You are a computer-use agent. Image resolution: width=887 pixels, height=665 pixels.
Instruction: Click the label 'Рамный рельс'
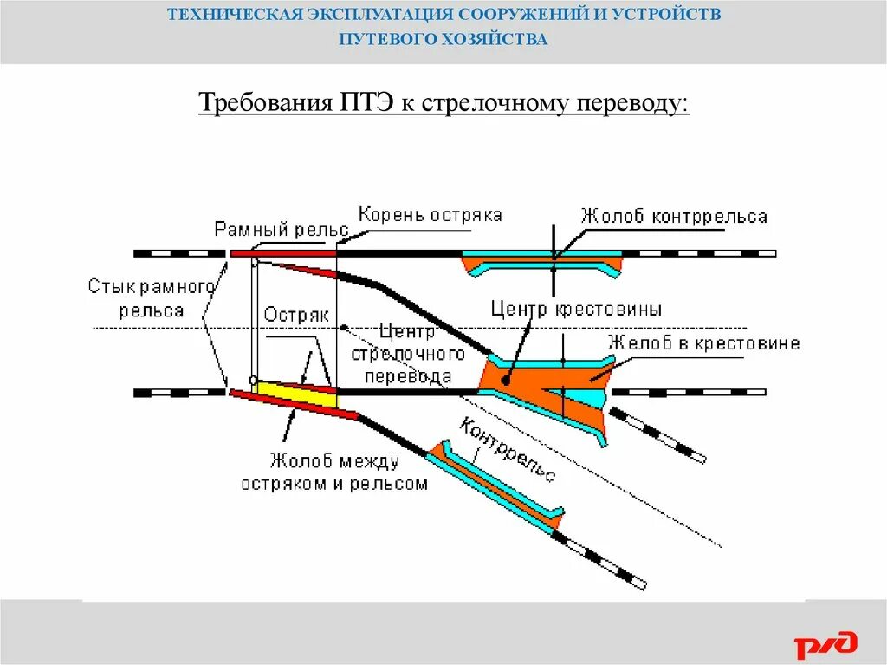[x=281, y=230]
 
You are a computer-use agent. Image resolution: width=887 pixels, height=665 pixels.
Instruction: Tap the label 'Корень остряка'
[x=431, y=214]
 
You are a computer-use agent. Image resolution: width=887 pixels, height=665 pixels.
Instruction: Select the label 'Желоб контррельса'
[x=674, y=216]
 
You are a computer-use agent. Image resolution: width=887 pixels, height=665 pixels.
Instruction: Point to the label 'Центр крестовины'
[x=576, y=308]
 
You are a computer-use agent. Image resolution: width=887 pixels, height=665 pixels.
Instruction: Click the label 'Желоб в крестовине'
[x=703, y=343]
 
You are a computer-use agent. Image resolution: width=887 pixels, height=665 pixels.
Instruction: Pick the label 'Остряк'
[x=296, y=316]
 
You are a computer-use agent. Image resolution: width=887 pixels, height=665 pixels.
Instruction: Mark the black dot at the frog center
[x=505, y=380]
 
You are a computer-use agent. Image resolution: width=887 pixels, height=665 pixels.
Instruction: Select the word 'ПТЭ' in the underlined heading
[x=362, y=104]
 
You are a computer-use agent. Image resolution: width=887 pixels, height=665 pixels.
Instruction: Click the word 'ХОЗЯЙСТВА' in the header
[x=497, y=40]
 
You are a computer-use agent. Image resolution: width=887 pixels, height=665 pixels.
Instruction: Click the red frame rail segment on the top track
[x=282, y=253]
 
